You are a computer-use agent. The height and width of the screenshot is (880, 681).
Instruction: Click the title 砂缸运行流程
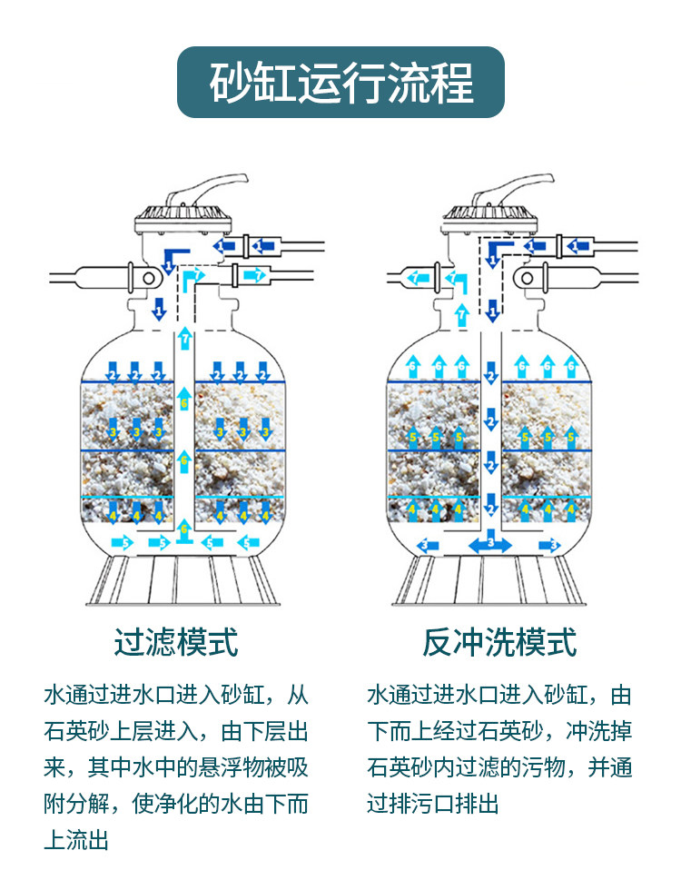point(340,83)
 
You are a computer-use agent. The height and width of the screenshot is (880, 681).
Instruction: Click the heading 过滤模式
point(176,642)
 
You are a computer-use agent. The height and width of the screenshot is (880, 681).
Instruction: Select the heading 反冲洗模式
point(499,642)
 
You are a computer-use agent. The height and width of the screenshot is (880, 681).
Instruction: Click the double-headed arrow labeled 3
point(490,544)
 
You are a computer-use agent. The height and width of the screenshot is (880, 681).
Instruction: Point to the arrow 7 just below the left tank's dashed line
point(185,339)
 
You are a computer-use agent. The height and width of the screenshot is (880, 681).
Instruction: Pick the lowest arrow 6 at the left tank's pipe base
point(185,528)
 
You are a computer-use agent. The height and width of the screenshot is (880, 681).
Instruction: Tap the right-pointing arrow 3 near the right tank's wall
point(550,544)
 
